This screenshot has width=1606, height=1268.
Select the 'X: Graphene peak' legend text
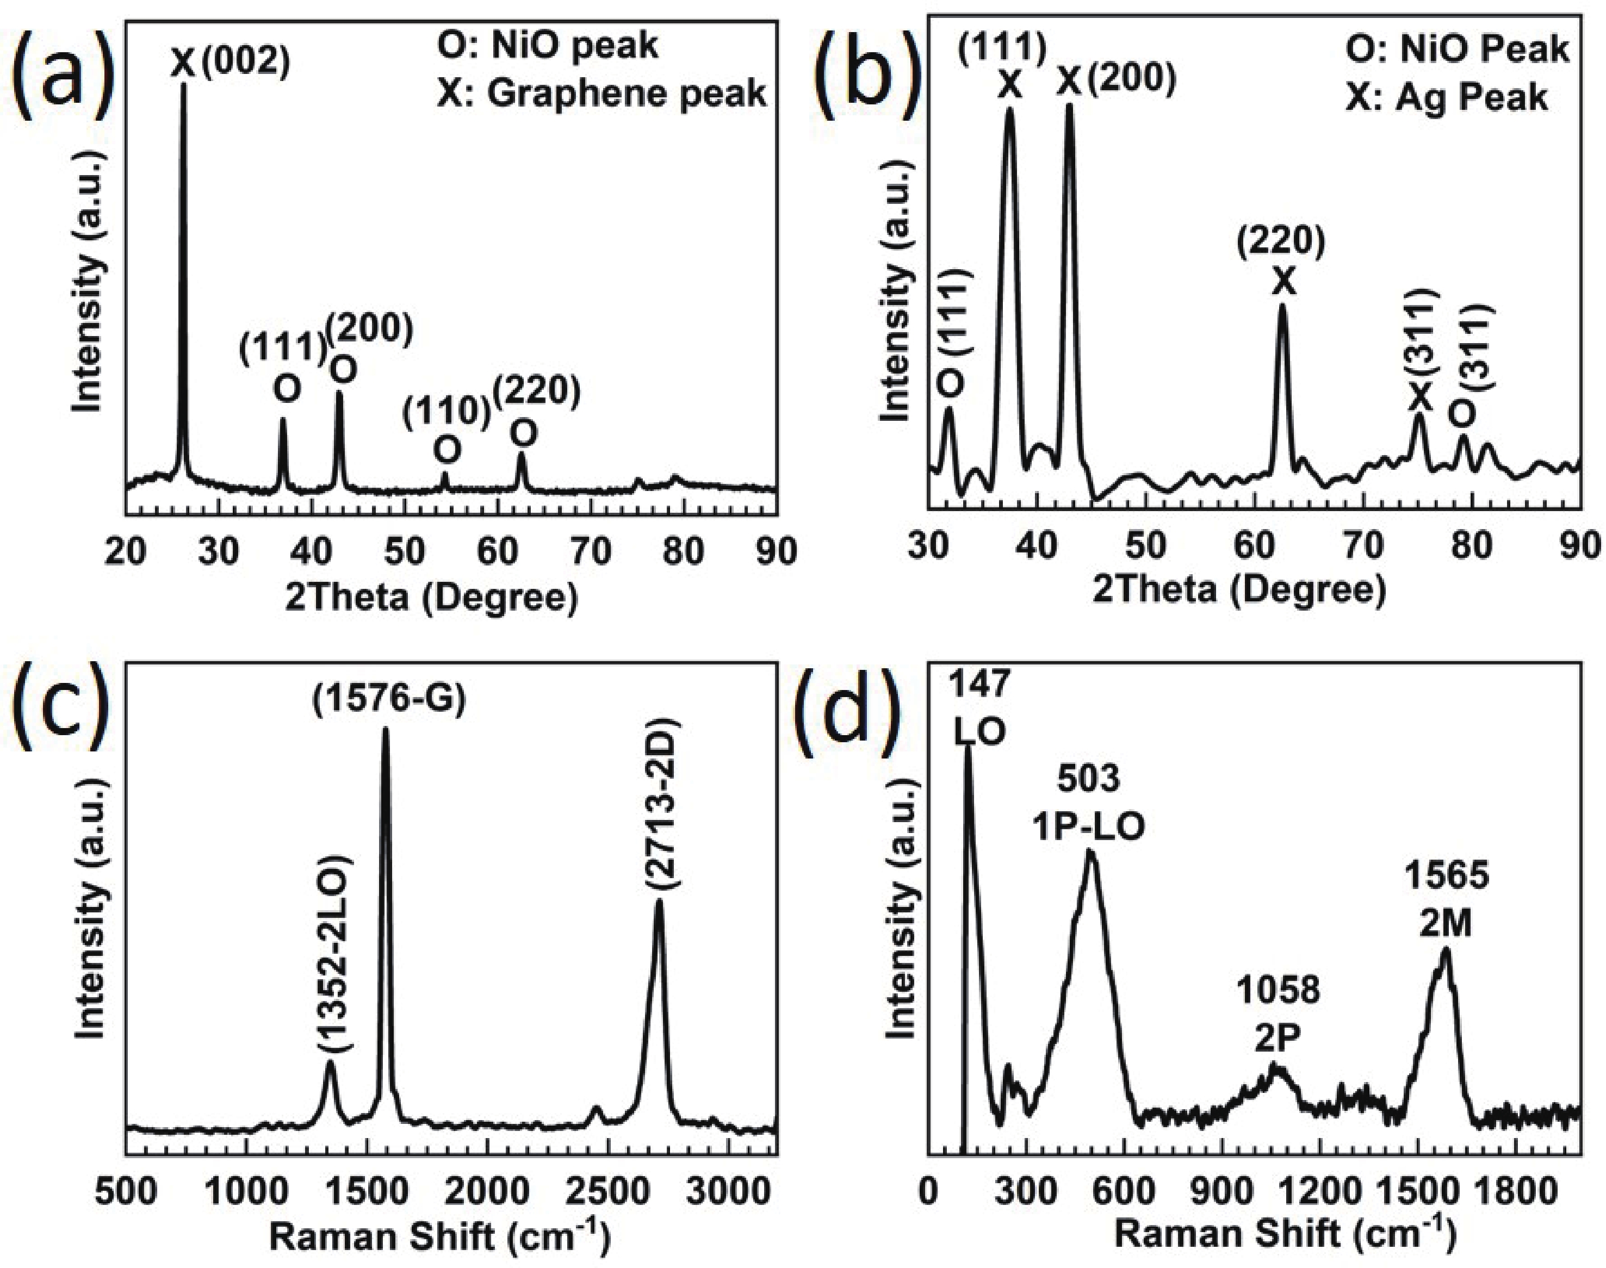tap(602, 94)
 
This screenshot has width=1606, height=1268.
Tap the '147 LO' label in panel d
tap(980, 705)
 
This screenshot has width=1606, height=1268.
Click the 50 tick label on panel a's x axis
tap(405, 551)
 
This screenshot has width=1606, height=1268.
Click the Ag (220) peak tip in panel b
tap(1281, 306)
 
